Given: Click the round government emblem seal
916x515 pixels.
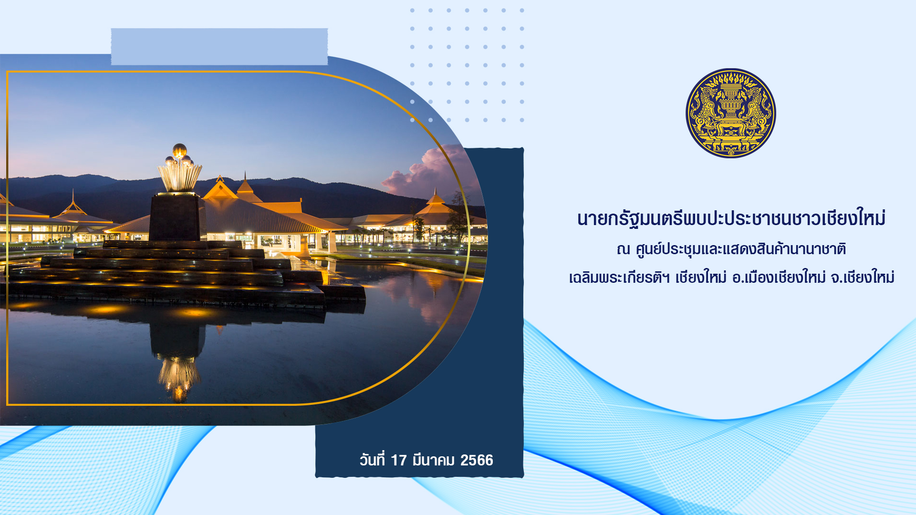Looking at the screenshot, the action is tap(730, 113).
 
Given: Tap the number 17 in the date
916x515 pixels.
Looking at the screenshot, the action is tap(398, 460).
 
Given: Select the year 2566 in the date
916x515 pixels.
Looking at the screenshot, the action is tap(477, 460).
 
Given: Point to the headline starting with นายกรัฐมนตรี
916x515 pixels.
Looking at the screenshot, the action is tap(731, 218).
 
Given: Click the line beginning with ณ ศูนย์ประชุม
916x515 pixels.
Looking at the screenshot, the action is tap(731, 249).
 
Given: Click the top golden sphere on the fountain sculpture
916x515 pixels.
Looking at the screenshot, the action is tap(179, 150).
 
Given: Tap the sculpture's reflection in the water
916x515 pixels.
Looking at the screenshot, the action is tap(178, 362).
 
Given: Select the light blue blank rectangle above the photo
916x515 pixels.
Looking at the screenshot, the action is tap(219, 47).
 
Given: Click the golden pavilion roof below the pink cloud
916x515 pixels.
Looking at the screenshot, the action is tap(435, 206).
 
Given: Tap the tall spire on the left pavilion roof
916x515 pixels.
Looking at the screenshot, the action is tap(73, 200).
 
